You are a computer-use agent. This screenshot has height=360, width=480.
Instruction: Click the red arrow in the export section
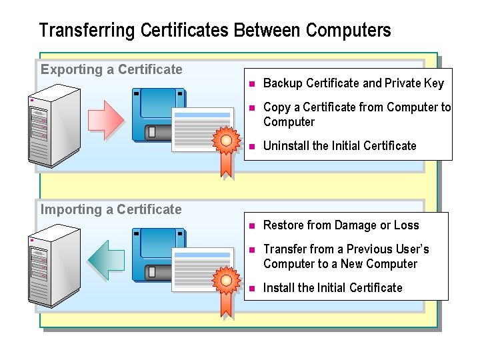click(105, 120)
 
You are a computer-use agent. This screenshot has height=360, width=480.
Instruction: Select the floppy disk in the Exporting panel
click(157, 114)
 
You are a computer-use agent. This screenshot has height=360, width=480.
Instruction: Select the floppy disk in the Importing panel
click(157, 254)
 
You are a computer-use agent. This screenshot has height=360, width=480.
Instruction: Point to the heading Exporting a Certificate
click(111, 69)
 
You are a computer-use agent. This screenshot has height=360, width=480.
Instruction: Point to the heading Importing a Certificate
click(111, 209)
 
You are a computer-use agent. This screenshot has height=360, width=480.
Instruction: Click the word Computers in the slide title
click(348, 31)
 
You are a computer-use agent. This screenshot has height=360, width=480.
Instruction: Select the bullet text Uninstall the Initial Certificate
click(339, 145)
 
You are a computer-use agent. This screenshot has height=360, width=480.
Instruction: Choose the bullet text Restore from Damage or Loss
click(341, 225)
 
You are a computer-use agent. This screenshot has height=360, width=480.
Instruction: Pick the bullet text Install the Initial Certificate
click(333, 287)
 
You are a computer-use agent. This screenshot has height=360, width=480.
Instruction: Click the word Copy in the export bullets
click(276, 107)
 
